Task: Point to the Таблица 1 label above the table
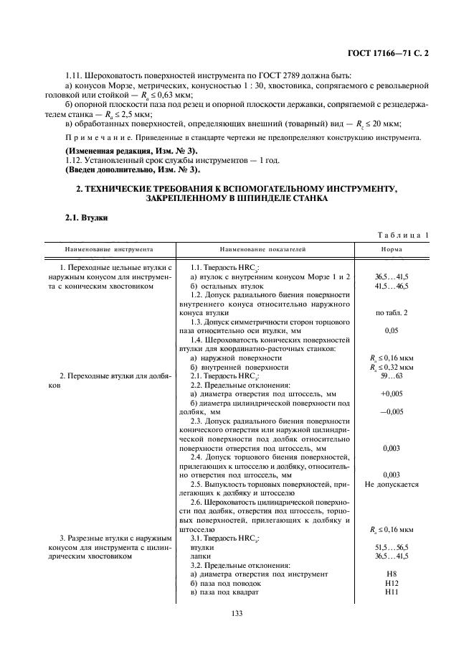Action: [404, 234]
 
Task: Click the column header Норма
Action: [391, 249]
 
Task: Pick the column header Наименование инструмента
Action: [105, 249]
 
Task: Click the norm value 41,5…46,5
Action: [391, 285]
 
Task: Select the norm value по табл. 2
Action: [391, 312]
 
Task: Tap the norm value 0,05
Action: [391, 330]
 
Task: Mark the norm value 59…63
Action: [391, 375]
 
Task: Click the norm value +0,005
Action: [391, 393]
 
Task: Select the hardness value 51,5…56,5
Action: [391, 547]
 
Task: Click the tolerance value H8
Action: [391, 574]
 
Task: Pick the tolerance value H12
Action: [391, 583]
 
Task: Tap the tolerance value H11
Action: [391, 592]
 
